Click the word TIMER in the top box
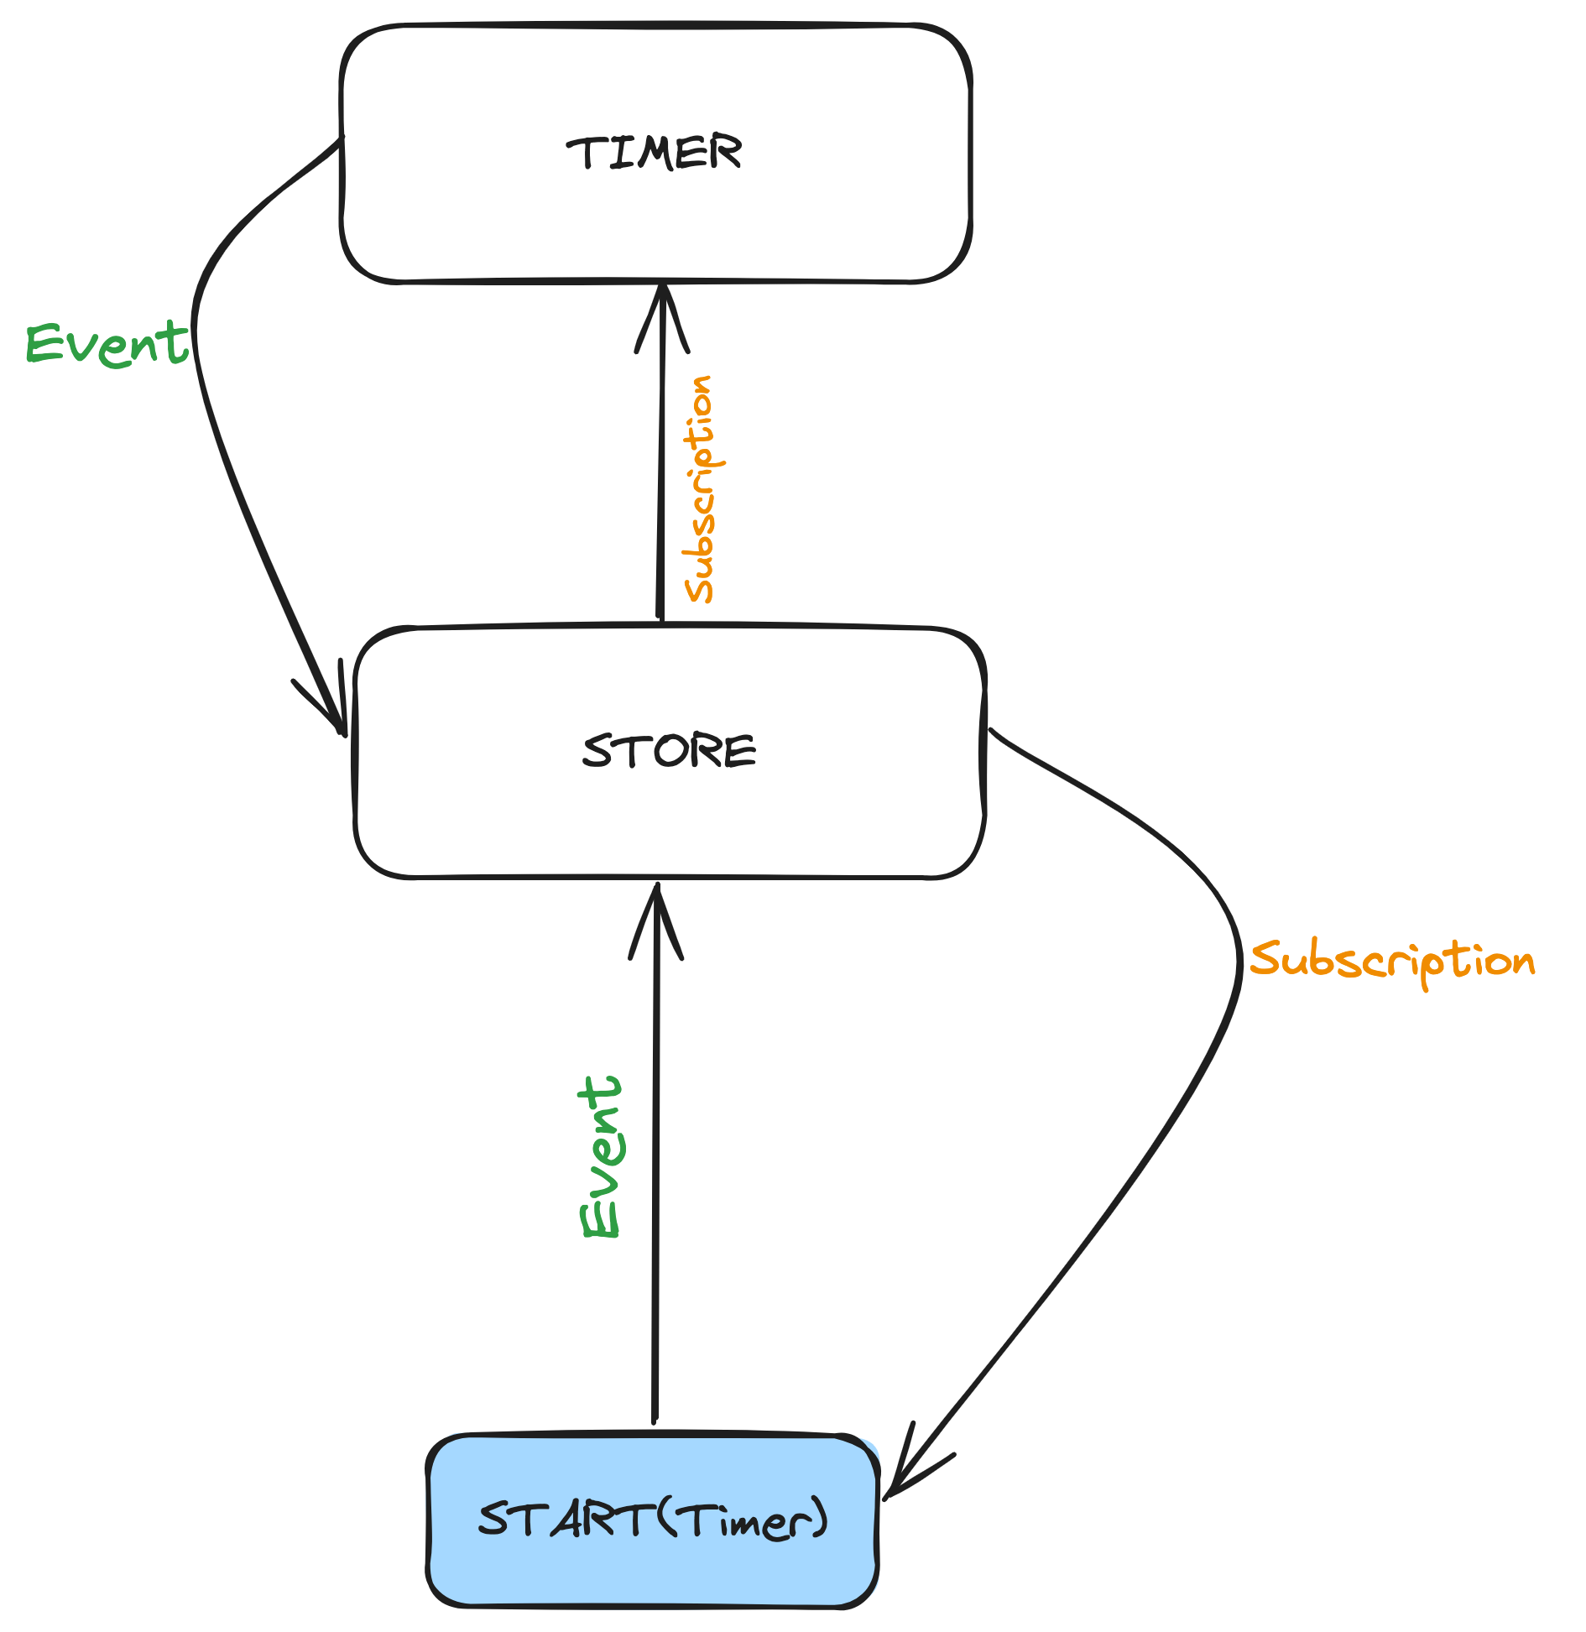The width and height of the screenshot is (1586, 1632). (x=655, y=153)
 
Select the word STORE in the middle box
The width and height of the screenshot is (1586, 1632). (x=670, y=751)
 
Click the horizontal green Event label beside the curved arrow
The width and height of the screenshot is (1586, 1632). (x=107, y=344)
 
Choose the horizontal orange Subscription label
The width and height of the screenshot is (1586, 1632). (x=1391, y=961)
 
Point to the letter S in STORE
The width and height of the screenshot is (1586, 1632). (x=597, y=751)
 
